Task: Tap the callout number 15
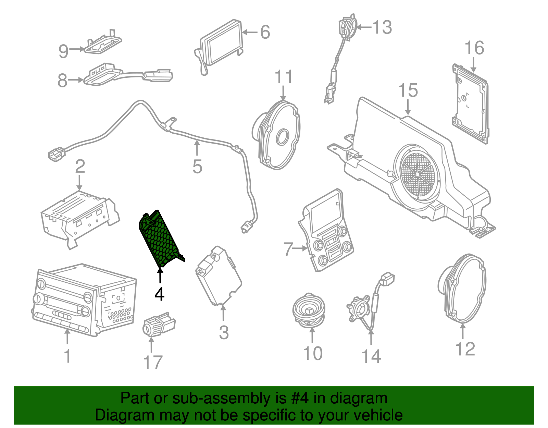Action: (408, 90)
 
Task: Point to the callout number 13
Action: (382, 27)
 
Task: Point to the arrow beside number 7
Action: (301, 248)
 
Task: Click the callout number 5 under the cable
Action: (197, 167)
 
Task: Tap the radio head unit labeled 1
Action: (84, 300)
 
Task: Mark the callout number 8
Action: (62, 81)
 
